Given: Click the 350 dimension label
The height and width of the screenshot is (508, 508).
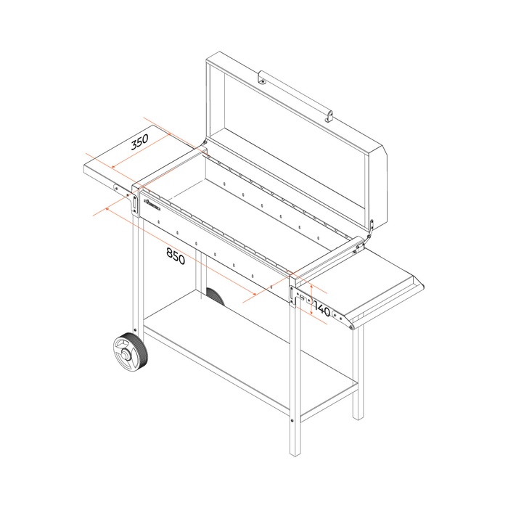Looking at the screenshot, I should point(139,142).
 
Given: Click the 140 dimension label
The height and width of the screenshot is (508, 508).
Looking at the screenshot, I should point(322,311).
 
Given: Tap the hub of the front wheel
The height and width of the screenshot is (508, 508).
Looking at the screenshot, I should point(128,356).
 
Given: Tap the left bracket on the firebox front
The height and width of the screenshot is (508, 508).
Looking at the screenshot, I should point(136,202).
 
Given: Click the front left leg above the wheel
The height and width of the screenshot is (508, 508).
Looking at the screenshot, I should point(136,276).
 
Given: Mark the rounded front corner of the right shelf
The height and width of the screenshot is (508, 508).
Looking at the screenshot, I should point(353,326).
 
